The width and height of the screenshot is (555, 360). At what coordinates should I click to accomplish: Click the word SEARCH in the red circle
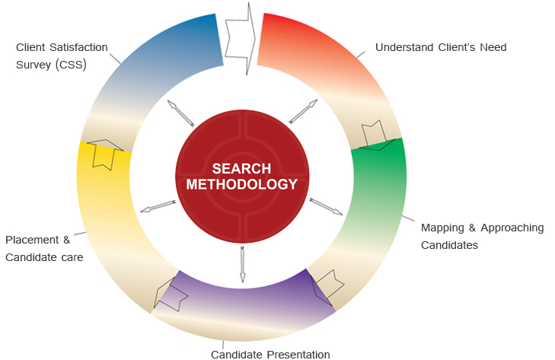[242, 168]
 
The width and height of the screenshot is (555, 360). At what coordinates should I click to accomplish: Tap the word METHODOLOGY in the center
[242, 184]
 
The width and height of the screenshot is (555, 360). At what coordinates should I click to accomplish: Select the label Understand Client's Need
[441, 47]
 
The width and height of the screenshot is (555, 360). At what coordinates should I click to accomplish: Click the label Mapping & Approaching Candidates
[482, 236]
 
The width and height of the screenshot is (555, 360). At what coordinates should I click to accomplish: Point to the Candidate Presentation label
[270, 354]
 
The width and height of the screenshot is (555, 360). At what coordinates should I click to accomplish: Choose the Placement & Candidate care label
[44, 248]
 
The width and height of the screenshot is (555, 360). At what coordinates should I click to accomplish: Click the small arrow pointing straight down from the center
[242, 263]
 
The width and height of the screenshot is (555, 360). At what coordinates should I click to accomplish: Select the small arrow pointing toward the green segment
[326, 206]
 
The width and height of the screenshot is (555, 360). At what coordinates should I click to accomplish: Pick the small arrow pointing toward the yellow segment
[158, 206]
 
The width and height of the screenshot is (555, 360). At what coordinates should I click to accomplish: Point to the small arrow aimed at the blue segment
[180, 113]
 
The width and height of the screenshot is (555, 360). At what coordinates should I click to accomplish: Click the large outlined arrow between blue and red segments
[242, 38]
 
